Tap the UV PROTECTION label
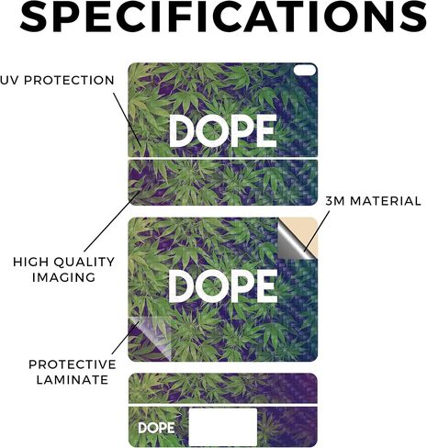tap(57, 81)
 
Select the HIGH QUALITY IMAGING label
tap(63, 270)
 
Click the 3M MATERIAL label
tap(373, 201)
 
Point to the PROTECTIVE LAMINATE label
tap(73, 372)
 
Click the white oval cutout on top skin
tap(305, 70)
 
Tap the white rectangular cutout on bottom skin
tap(223, 427)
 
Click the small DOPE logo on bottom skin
tap(156, 428)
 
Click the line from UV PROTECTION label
tap(128, 120)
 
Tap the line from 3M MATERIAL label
tap(317, 231)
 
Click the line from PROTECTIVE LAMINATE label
tap(126, 338)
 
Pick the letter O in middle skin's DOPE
tap(212, 286)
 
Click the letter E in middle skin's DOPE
tap(266, 286)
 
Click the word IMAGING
tap(63, 277)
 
